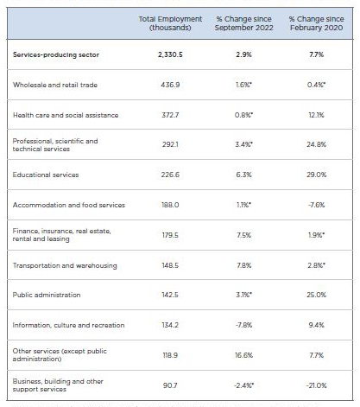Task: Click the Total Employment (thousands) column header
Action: click(170, 23)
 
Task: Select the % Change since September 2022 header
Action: click(243, 23)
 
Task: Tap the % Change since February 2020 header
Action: click(316, 23)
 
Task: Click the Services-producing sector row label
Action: click(56, 54)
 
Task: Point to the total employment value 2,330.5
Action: click(170, 54)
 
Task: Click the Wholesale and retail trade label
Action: click(55, 85)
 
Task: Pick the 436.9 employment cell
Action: click(170, 85)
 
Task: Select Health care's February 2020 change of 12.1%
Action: click(316, 115)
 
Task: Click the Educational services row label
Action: click(46, 175)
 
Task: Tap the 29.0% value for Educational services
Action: click(316, 175)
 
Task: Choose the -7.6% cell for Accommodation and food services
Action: click(316, 205)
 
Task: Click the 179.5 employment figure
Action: click(170, 235)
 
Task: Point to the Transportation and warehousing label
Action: click(65, 265)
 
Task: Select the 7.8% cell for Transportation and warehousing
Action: click(244, 265)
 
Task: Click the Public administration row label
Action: click(47, 295)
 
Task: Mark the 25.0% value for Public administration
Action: click(316, 295)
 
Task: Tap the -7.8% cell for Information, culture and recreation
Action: click(243, 325)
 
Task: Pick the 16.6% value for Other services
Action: click(243, 355)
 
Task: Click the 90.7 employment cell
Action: click(170, 385)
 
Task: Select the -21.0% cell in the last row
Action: click(316, 385)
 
